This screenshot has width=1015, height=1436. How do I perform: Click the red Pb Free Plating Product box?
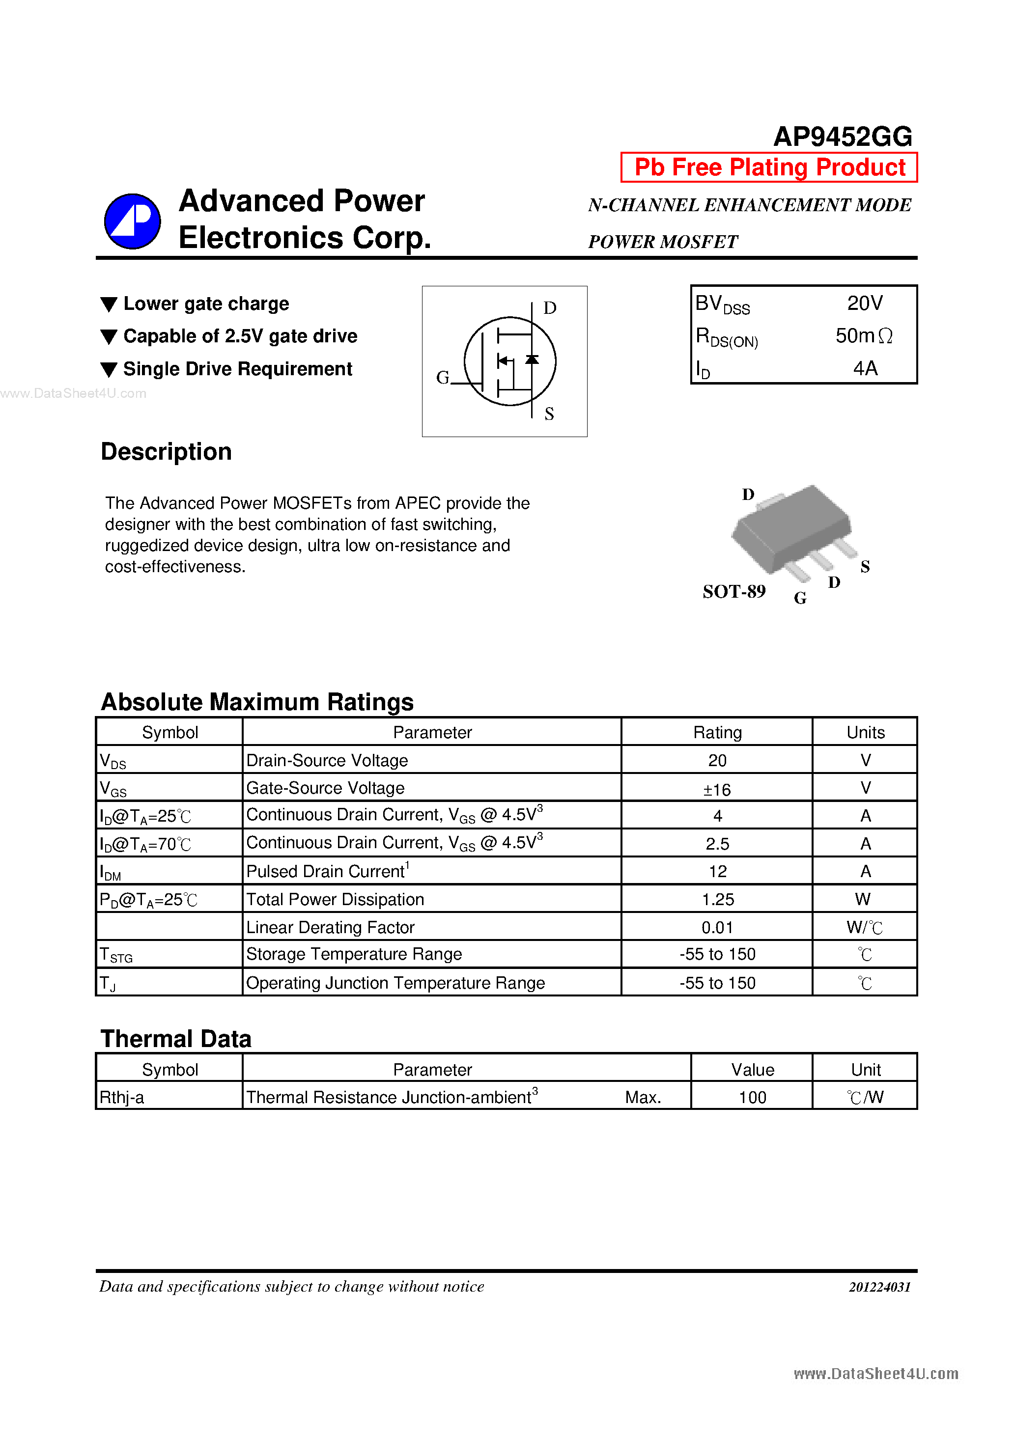768,167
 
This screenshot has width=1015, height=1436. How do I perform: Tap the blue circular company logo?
132,221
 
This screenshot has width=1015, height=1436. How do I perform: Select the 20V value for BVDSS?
864,304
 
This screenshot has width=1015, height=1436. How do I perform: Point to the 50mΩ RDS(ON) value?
864,336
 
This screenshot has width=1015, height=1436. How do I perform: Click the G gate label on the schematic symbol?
443,377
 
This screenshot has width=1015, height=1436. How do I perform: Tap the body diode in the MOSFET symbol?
532,359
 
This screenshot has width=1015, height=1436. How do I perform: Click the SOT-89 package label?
733,591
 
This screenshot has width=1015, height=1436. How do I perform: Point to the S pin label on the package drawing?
865,567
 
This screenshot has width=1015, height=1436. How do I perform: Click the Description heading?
166,451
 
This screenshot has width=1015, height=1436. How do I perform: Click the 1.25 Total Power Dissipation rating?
717,899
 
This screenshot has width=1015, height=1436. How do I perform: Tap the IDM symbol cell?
111,872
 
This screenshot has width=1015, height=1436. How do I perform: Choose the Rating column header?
717,732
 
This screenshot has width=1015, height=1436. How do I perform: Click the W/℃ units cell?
864,927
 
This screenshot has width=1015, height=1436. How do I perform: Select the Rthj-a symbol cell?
122,1098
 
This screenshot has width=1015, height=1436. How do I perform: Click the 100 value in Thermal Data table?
752,1098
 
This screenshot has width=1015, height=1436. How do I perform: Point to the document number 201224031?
879,1287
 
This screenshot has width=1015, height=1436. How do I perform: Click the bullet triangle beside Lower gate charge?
109,304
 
